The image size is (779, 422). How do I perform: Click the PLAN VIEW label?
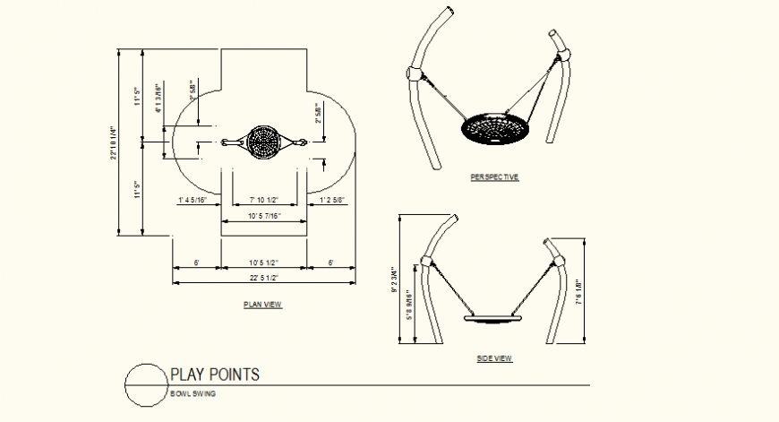[x=262, y=306]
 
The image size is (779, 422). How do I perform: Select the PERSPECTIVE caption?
[x=494, y=177]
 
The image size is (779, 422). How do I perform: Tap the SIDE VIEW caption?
[x=494, y=358]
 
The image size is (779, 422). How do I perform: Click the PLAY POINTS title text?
[x=215, y=375]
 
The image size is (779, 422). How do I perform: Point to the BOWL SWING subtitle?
[x=192, y=394]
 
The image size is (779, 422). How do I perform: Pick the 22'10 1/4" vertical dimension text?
[x=114, y=143]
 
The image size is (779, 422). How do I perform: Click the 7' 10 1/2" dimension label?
[x=264, y=200]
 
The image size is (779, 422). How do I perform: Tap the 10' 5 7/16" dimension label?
[x=264, y=217]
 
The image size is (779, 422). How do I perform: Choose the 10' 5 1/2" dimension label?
[x=263, y=263]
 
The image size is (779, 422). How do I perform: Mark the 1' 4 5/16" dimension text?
[x=193, y=200]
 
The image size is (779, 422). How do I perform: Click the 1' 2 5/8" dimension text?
[x=332, y=200]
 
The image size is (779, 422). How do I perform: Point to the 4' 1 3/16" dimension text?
[x=159, y=99]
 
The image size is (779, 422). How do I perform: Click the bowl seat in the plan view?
[x=264, y=142]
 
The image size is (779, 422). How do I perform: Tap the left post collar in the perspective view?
[x=415, y=73]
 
